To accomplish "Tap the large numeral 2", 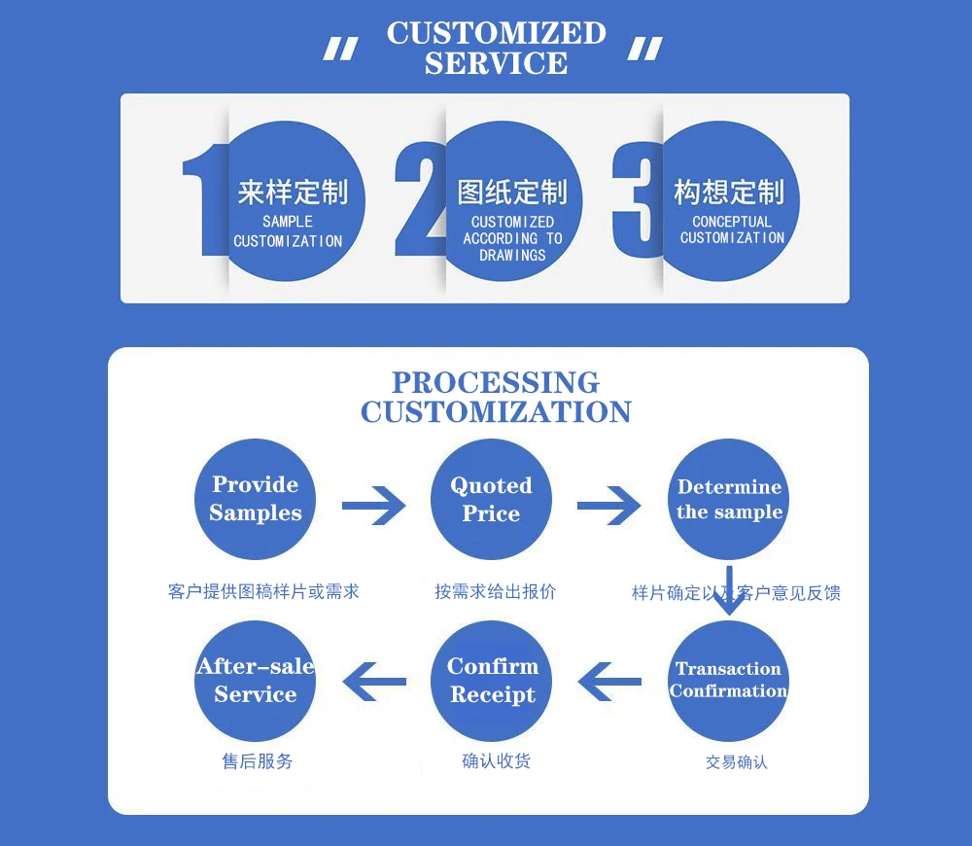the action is click(x=418, y=199).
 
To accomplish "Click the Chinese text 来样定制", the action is click(x=292, y=192).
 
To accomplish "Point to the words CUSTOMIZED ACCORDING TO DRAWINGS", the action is click(x=512, y=238).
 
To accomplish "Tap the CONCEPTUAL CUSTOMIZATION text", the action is click(x=732, y=229).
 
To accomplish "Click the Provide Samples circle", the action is click(x=256, y=499).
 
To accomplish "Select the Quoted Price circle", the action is click(x=491, y=499).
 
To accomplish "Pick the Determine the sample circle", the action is click(x=729, y=499).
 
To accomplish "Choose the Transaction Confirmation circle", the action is click(x=729, y=681).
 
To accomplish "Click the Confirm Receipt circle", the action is click(x=492, y=681).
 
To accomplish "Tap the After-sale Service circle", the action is click(x=256, y=681).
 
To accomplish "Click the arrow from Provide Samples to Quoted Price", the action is click(x=374, y=505).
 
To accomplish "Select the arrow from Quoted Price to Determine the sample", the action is click(x=609, y=505).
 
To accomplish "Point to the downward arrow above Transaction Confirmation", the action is click(x=729, y=591).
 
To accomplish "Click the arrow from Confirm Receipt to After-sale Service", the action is click(x=374, y=681).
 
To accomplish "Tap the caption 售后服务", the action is click(x=258, y=761).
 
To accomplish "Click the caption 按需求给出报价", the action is click(x=495, y=591).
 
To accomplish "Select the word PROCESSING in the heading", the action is click(x=495, y=382).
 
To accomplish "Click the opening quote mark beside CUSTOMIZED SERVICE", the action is click(x=340, y=49).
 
